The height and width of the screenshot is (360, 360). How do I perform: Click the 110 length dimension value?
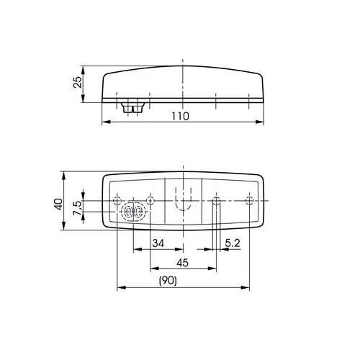[180, 116]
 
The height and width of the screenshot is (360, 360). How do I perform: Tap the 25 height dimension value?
[78, 82]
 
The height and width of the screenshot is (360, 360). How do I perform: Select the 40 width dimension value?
[59, 204]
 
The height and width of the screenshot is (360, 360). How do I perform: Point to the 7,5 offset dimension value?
[78, 208]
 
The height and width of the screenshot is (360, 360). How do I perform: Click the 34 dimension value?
[158, 243]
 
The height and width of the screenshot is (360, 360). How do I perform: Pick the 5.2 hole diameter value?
[233, 243]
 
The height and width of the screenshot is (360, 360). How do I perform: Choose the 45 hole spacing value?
[182, 263]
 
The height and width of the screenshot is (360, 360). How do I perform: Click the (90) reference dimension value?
[168, 280]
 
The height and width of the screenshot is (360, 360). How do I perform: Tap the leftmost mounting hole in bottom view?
[117, 200]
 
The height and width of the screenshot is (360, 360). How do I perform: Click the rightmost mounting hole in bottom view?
[249, 200]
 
